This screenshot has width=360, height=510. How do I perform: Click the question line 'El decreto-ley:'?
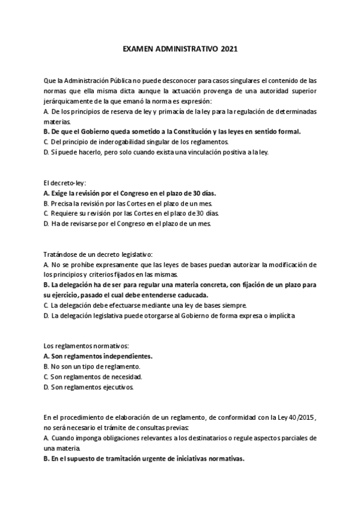66,183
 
